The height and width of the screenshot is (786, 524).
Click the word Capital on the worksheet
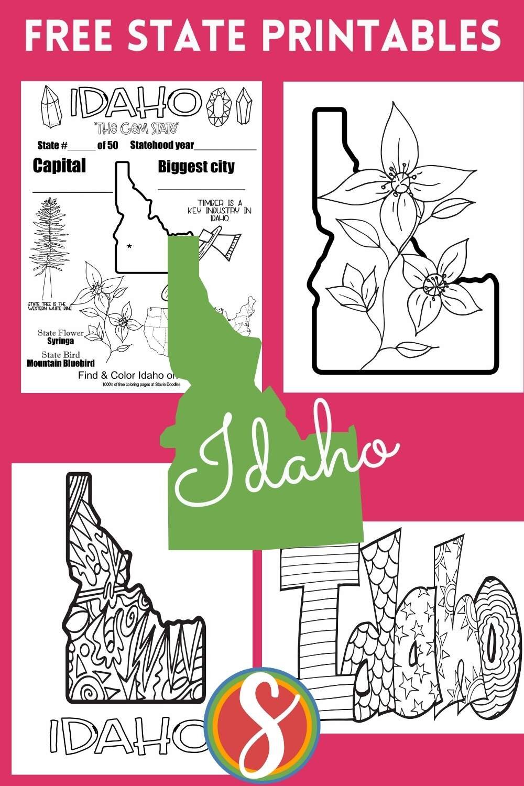59,166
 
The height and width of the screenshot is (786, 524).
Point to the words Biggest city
196,167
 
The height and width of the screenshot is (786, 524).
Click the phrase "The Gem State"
136,127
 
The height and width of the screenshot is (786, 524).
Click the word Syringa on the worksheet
60,341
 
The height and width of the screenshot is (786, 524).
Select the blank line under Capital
72,192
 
